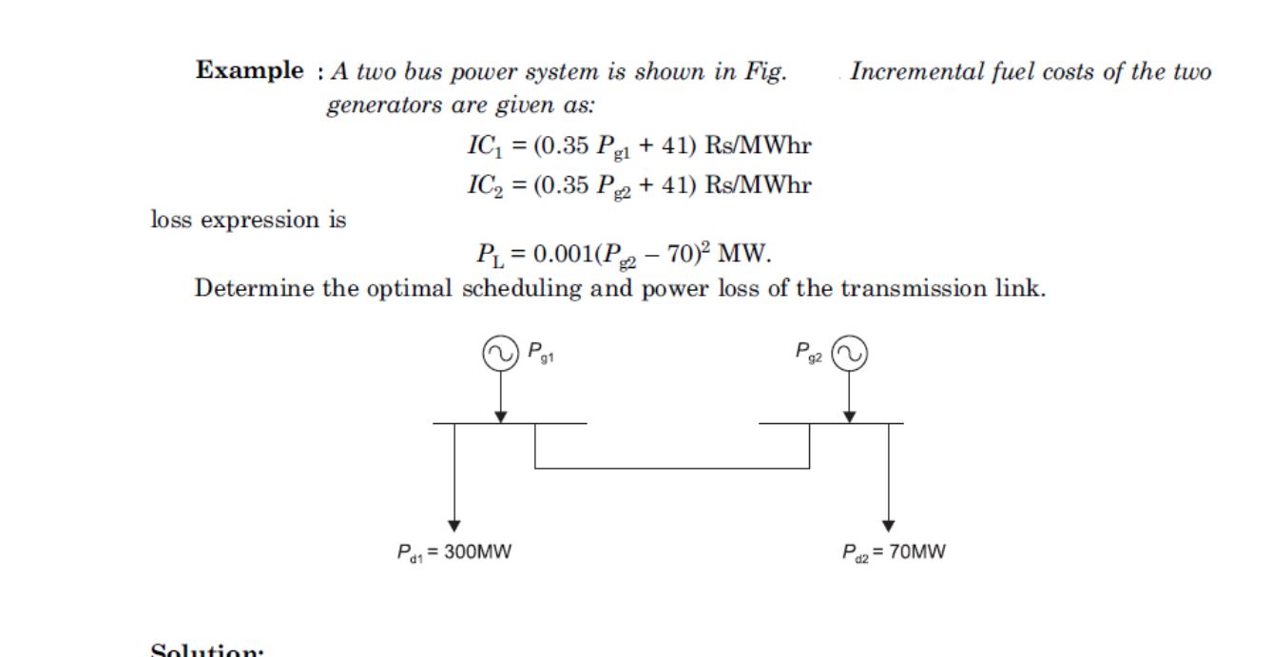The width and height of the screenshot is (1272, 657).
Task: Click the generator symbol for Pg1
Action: [499, 354]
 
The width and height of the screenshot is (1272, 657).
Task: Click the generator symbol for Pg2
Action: [850, 354]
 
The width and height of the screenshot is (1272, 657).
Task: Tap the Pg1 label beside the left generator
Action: [541, 353]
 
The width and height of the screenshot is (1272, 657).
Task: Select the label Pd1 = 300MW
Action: [454, 552]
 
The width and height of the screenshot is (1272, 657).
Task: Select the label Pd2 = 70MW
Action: [894, 552]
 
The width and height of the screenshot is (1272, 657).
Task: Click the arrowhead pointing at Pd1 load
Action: [454, 526]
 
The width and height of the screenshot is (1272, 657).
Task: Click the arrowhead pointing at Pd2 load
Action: [889, 526]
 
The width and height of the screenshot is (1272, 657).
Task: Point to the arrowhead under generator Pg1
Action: [500, 416]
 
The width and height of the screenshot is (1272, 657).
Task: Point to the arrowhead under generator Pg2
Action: [850, 416]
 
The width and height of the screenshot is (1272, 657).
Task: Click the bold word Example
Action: [250, 71]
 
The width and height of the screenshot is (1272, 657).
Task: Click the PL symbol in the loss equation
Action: [486, 255]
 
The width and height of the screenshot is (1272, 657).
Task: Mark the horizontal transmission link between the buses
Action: [672, 468]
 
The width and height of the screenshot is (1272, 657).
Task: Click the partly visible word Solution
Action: [207, 651]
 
